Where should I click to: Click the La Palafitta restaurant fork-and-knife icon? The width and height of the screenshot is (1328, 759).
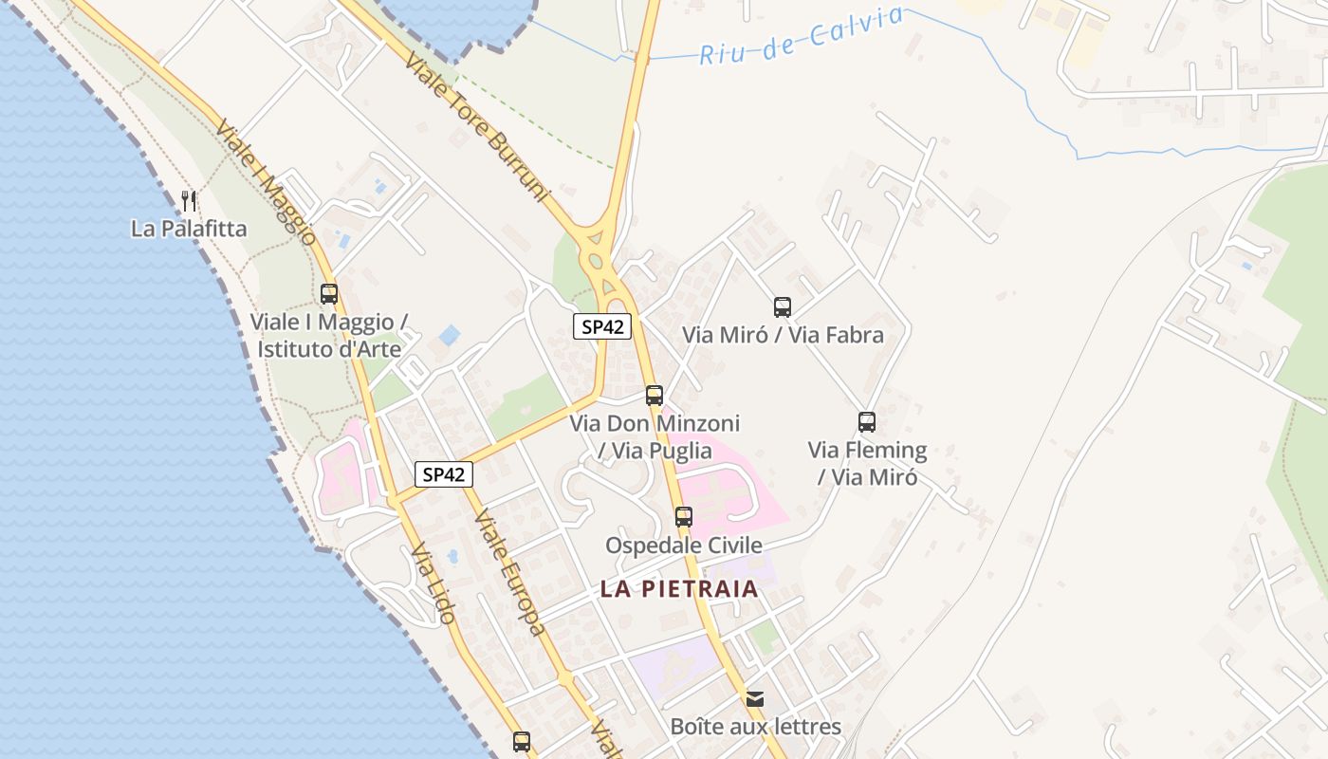(x=189, y=200)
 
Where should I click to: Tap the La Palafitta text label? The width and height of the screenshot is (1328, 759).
(x=189, y=229)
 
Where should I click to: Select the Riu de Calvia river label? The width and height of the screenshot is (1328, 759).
(x=802, y=36)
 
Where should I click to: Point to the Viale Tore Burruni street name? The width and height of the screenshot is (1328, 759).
(x=477, y=128)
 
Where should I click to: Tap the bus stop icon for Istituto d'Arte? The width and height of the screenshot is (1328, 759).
(x=329, y=294)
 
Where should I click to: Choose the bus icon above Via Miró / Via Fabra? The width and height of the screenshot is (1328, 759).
(x=783, y=307)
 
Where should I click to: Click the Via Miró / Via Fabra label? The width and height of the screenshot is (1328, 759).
(x=783, y=335)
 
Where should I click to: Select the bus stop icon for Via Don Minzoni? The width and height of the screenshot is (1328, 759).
(x=655, y=396)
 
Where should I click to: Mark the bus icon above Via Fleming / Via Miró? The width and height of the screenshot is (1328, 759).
(x=867, y=422)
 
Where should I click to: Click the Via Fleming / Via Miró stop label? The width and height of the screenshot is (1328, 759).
(x=867, y=463)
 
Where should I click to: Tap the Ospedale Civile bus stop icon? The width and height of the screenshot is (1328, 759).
(x=684, y=517)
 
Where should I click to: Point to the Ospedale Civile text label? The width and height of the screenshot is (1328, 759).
(x=684, y=546)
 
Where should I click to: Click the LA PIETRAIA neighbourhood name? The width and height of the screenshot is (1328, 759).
(x=679, y=589)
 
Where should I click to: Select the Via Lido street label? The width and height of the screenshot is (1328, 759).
(x=433, y=583)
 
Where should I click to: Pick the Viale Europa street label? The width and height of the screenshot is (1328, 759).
(x=509, y=572)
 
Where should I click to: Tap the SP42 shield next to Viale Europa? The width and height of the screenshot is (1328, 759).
(x=444, y=474)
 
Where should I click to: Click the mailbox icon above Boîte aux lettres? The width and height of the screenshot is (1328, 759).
(x=755, y=699)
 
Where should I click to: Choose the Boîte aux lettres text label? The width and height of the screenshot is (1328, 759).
(x=755, y=728)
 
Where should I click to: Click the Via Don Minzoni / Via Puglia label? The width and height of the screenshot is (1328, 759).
(x=655, y=436)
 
